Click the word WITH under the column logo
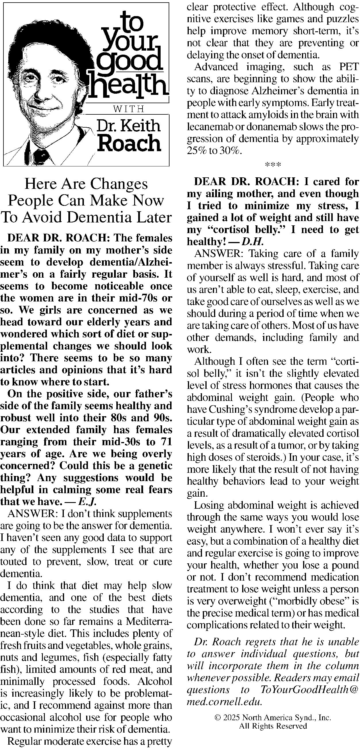pos(128,109)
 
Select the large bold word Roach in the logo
pos(129,143)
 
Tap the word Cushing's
pos(229,410)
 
